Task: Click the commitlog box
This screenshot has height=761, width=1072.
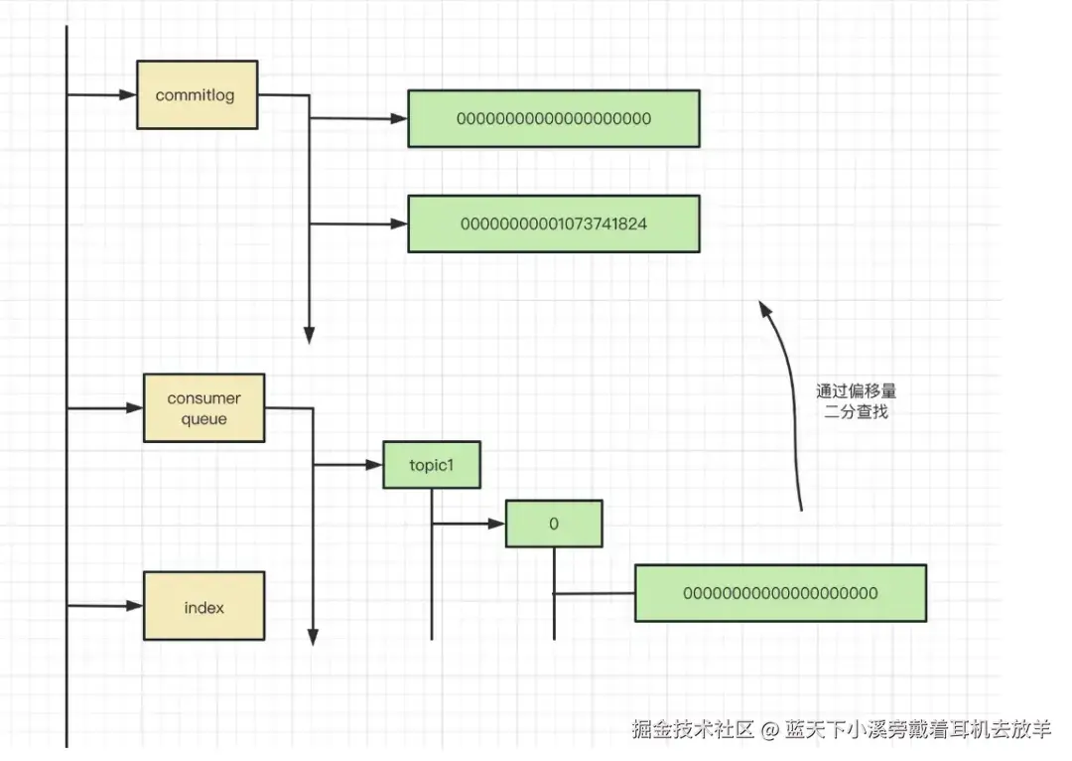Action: click(197, 94)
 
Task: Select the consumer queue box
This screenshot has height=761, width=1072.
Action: click(203, 408)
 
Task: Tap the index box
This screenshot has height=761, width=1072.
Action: click(203, 606)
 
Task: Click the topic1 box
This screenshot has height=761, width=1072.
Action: click(432, 465)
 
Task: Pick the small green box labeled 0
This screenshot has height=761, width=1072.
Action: click(554, 524)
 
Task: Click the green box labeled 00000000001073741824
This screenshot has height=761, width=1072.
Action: click(554, 224)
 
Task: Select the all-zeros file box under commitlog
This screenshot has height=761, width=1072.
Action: click(554, 118)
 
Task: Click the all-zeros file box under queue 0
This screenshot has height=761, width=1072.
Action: click(781, 593)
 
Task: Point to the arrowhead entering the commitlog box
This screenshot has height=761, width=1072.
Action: click(128, 94)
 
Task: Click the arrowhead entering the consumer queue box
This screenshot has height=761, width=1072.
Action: click(135, 408)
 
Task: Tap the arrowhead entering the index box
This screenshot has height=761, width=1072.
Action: click(135, 606)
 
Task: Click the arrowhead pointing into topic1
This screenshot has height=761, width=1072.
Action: click(374, 465)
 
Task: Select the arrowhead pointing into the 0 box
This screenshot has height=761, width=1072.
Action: click(497, 524)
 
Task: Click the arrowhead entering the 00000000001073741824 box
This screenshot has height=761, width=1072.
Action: click(399, 224)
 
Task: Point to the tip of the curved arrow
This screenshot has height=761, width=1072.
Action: click(760, 301)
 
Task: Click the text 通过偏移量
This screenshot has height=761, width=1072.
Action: click(856, 391)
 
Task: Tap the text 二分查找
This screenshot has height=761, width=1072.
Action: click(856, 411)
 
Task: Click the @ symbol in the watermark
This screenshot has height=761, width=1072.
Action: click(770, 729)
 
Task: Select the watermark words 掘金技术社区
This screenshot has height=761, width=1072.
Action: click(693, 729)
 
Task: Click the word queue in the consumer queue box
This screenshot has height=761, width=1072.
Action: click(203, 419)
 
